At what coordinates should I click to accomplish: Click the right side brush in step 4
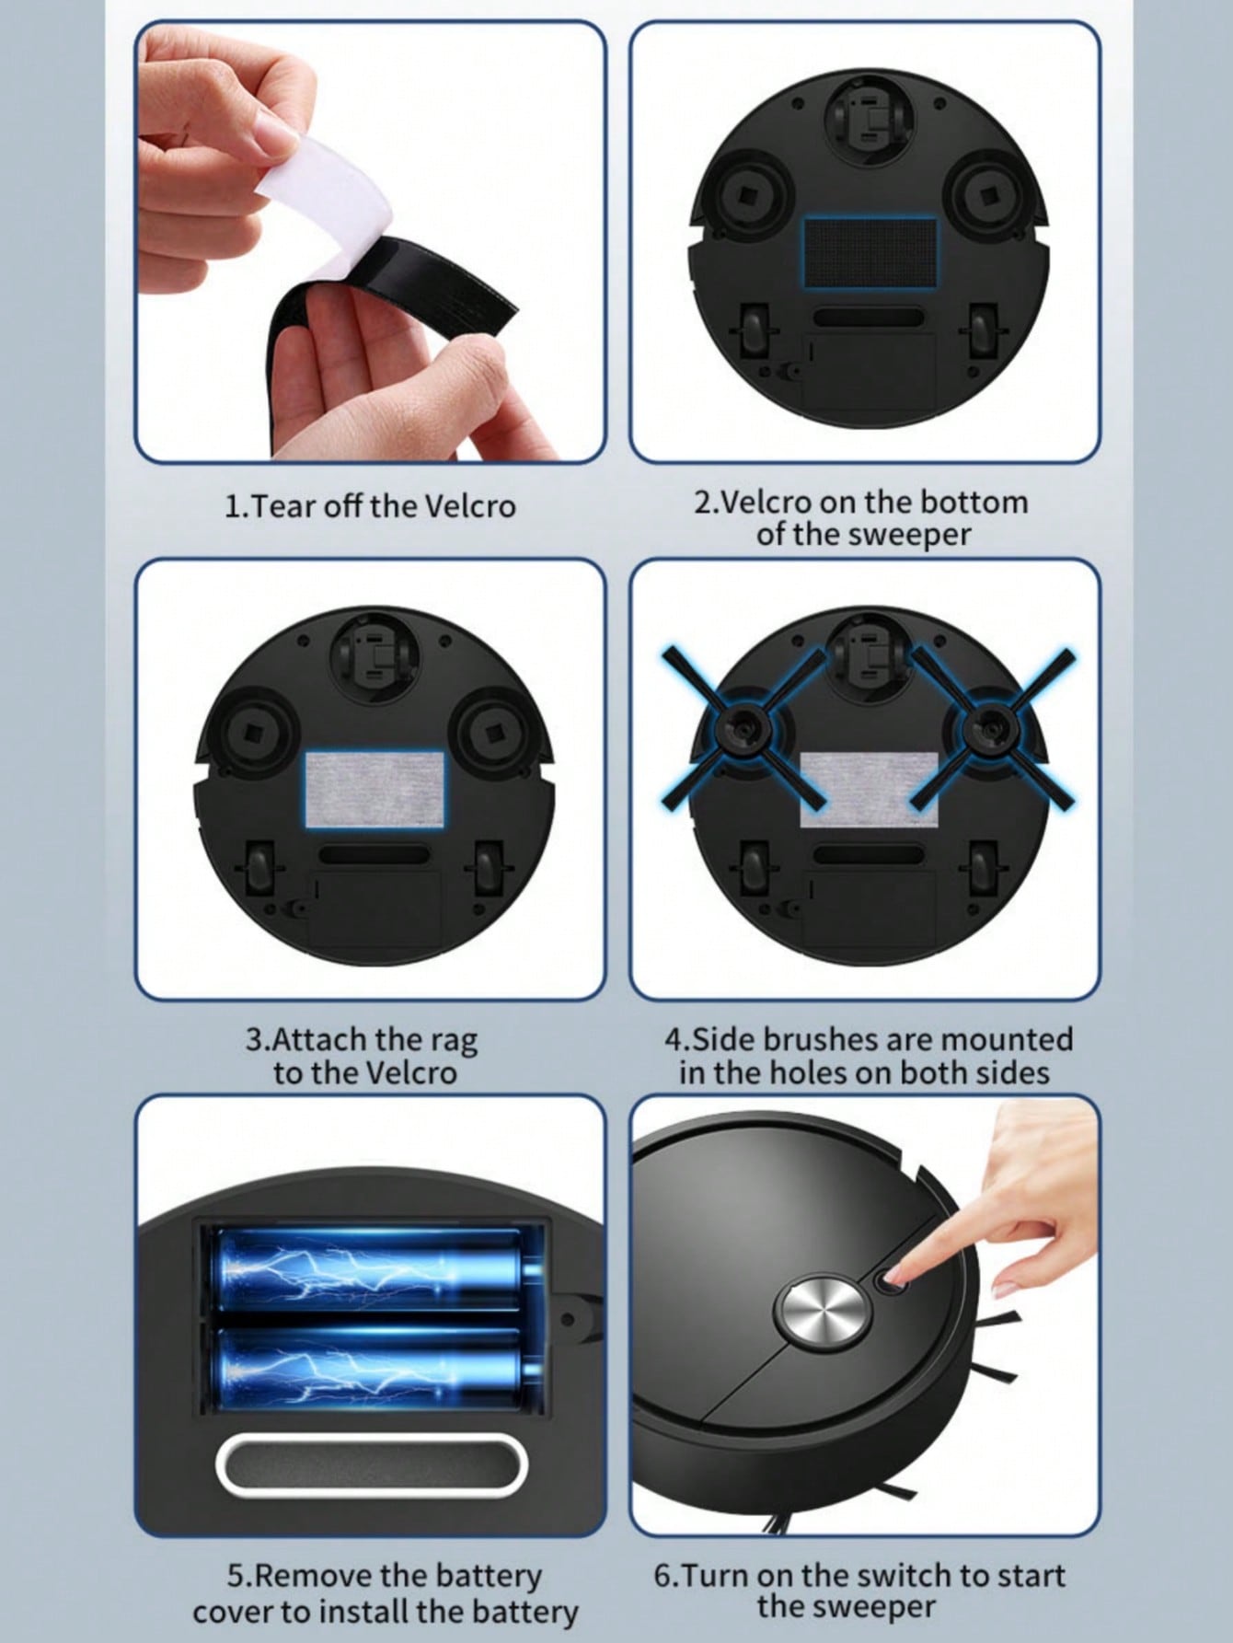tap(994, 727)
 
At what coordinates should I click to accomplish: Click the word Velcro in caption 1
tap(469, 506)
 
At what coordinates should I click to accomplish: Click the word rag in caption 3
tap(453, 1040)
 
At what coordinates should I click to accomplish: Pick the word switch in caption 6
tap(905, 1575)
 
